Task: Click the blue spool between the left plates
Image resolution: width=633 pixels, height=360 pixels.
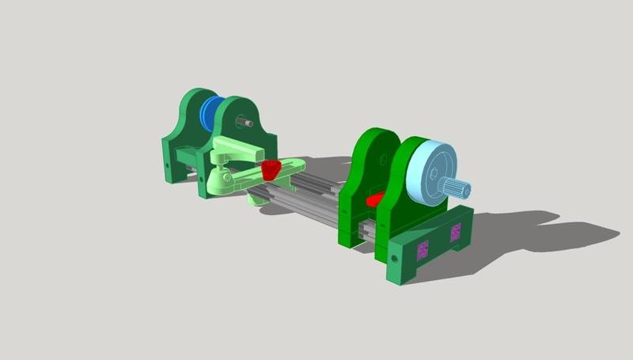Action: (211, 116)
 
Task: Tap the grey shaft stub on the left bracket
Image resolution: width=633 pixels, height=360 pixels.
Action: (247, 123)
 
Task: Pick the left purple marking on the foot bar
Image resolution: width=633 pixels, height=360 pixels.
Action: (422, 251)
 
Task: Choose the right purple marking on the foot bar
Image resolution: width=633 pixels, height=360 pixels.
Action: (456, 232)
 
